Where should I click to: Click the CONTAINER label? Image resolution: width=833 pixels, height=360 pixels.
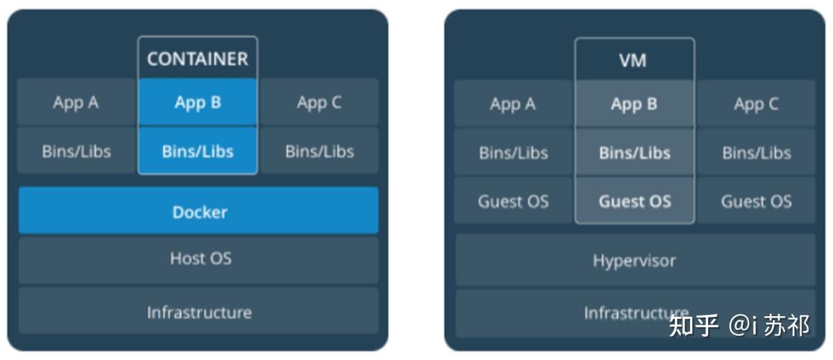(x=197, y=59)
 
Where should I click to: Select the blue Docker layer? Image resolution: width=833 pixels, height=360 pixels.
(x=198, y=211)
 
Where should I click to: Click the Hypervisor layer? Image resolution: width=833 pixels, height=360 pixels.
(x=635, y=261)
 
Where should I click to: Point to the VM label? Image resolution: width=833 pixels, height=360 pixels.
(x=634, y=61)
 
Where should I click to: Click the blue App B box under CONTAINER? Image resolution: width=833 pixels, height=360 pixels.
(x=197, y=102)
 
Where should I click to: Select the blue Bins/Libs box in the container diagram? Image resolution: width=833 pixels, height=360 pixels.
(x=197, y=151)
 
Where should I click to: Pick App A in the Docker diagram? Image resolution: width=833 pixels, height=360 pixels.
(x=76, y=102)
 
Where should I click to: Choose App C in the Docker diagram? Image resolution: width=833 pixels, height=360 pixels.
(x=319, y=102)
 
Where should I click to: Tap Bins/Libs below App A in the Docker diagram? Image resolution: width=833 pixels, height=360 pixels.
(x=76, y=151)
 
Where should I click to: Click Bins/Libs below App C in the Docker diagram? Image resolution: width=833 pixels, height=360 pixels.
(x=319, y=151)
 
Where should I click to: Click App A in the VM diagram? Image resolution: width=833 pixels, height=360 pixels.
(x=513, y=104)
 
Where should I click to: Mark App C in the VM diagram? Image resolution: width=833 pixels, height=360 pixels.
(x=756, y=104)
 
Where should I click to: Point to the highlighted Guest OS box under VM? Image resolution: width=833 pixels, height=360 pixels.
(x=634, y=202)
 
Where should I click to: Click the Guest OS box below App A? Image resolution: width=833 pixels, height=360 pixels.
(x=513, y=202)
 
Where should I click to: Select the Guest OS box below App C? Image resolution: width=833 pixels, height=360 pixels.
(x=756, y=202)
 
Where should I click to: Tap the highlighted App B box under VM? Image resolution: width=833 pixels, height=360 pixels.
(x=634, y=104)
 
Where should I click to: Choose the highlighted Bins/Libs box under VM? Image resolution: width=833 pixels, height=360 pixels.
(x=634, y=153)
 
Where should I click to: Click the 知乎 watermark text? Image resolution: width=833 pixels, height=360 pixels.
(x=693, y=325)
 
